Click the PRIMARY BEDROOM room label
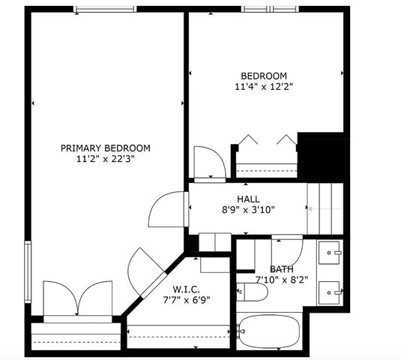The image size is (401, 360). tap(106, 148)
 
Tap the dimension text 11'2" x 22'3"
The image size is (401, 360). tap(106, 159)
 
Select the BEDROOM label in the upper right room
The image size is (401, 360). tap(264, 76)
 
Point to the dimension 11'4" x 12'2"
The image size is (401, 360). tap(264, 87)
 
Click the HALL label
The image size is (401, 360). tap(248, 199)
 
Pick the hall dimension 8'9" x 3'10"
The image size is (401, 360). tap(248, 210)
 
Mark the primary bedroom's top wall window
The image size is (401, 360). tap(105, 9)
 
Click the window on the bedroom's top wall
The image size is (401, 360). tap(269, 9)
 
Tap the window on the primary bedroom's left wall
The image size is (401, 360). tap(28, 269)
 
